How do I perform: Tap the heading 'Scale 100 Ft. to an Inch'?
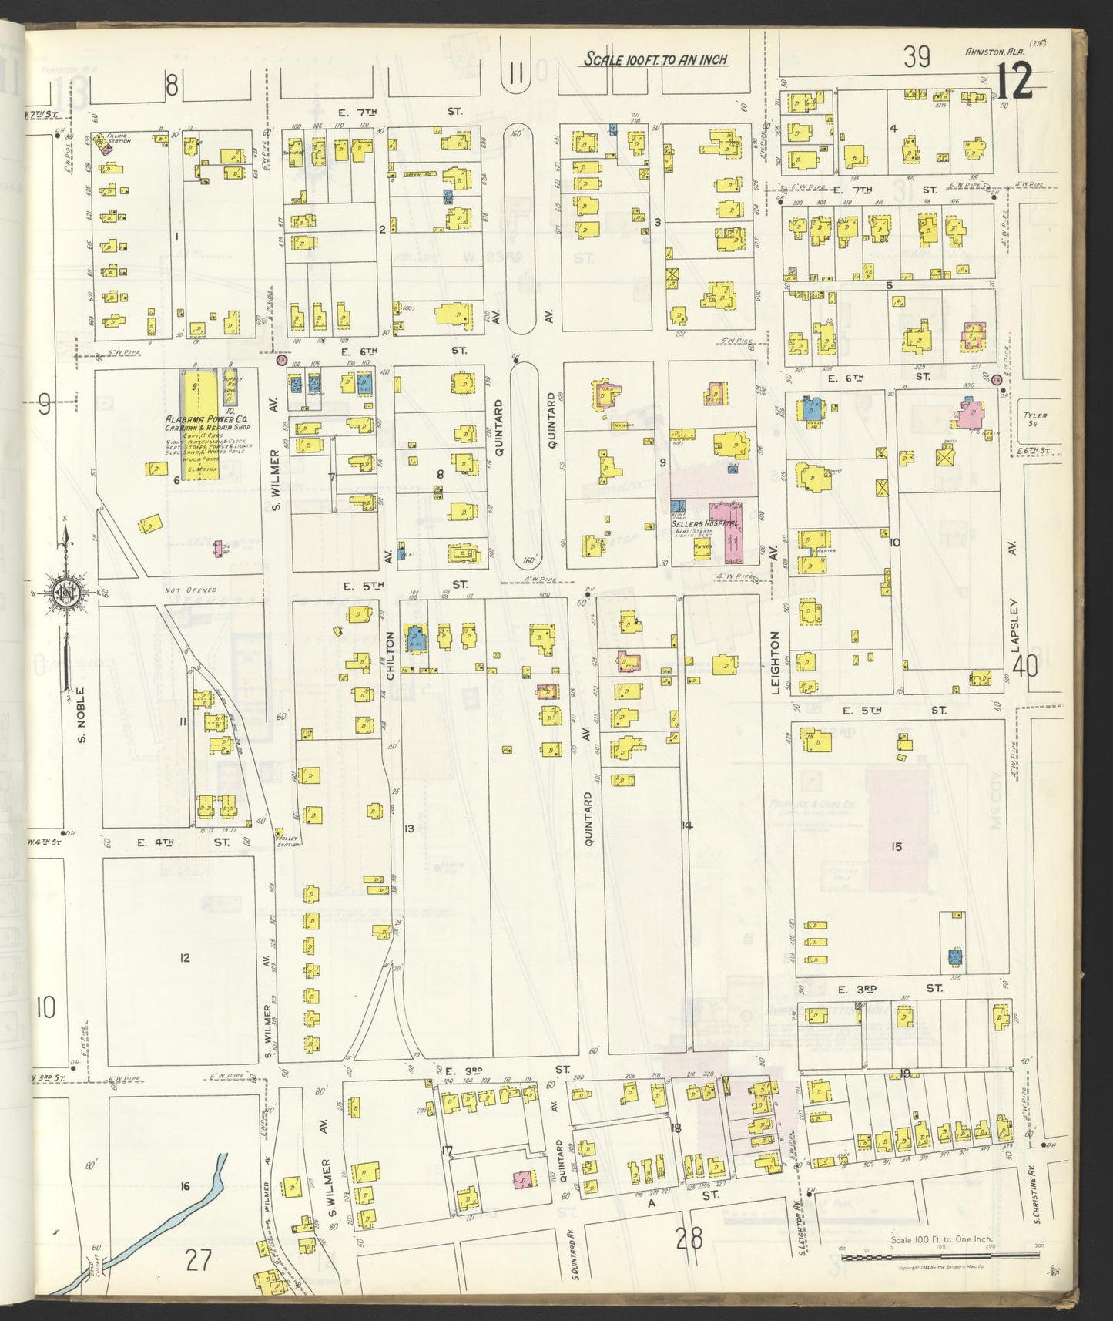coord(655,59)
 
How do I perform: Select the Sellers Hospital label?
coord(704,523)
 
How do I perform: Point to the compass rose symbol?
coord(65,593)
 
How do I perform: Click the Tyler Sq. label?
coord(1035,419)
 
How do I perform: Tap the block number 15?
coord(897,847)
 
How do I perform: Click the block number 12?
coord(184,958)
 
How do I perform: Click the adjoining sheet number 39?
coord(917,57)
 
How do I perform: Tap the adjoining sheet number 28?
coord(689,1239)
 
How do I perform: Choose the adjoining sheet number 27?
coord(198,1261)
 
